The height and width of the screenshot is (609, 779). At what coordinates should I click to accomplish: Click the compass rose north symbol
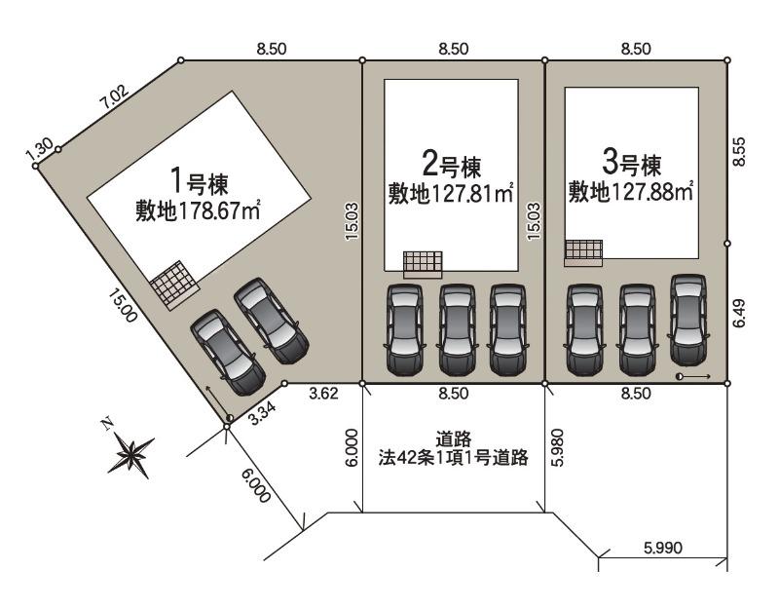click(130, 453)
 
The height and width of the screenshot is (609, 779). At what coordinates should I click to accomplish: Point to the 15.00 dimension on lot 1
click(123, 306)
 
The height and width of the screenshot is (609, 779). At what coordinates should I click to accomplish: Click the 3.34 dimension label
click(262, 413)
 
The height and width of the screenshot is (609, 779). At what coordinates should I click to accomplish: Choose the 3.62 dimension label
click(323, 394)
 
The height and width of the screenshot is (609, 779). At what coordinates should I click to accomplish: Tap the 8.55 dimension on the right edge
click(740, 151)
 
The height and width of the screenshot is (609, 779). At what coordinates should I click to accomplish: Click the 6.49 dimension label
click(740, 312)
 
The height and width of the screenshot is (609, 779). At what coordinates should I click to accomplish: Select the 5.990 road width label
click(663, 548)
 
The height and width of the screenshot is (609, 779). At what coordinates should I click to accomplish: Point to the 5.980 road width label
click(557, 447)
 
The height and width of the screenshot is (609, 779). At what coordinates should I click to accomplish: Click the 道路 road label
click(454, 439)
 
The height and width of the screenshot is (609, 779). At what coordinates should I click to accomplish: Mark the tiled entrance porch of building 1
click(175, 285)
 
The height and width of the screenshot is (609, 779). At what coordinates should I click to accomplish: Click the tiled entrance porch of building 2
click(423, 264)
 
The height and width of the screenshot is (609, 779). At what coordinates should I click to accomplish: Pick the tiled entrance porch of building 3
click(583, 253)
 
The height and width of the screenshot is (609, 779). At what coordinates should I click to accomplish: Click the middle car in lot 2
click(457, 329)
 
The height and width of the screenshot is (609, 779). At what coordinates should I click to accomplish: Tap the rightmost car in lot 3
click(688, 320)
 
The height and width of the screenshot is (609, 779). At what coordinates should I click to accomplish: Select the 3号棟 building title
click(631, 163)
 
